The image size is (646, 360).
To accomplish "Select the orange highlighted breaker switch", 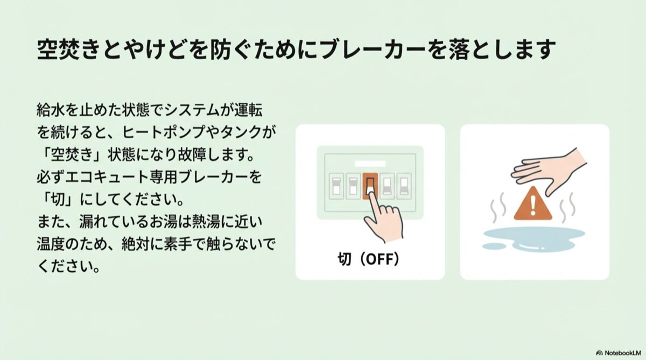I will tap(370, 186).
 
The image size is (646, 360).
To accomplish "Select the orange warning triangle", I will tap(532, 204).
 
